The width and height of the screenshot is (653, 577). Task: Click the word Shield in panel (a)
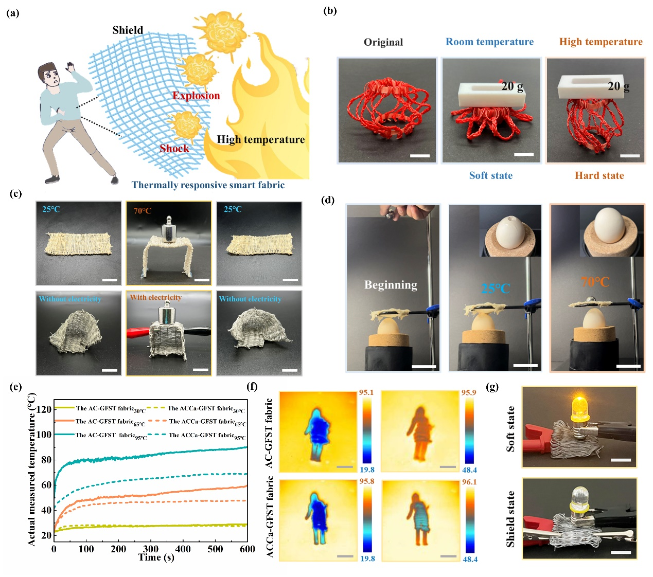(128, 30)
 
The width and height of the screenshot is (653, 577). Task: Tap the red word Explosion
(196, 95)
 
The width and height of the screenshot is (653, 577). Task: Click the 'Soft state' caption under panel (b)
(490, 175)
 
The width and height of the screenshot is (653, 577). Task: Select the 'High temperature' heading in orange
(601, 42)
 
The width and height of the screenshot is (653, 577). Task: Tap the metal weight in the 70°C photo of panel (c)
(169, 230)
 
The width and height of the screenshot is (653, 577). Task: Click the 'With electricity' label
(156, 297)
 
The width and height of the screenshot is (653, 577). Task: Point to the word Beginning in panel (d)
(391, 285)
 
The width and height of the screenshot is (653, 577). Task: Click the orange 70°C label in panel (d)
(595, 282)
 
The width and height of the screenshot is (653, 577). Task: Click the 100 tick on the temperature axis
(44, 435)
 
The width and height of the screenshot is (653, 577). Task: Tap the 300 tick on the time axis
(151, 549)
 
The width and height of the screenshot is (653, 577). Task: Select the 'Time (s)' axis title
(156, 557)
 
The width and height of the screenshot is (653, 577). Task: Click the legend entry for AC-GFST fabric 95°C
(100, 435)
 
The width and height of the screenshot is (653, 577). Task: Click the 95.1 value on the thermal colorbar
(366, 392)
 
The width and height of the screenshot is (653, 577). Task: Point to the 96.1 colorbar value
(469, 482)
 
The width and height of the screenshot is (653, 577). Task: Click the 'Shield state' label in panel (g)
(510, 519)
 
